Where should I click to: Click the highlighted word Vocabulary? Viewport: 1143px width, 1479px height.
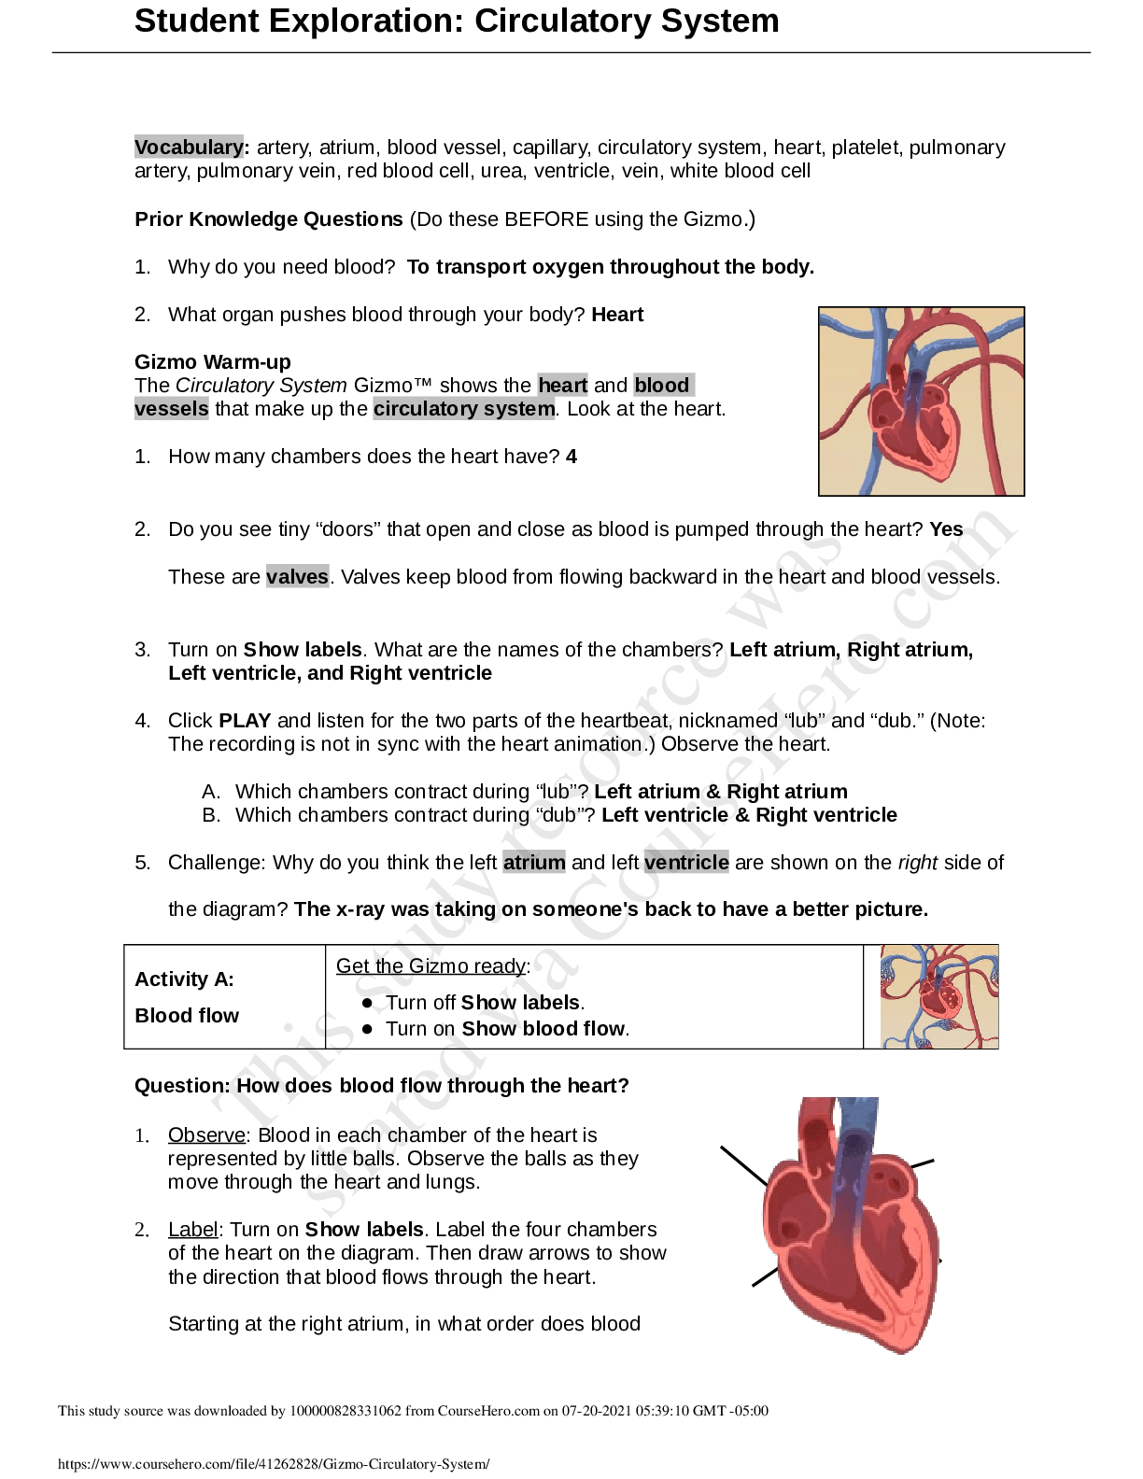click(189, 148)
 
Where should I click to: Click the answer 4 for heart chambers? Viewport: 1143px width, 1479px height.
click(571, 457)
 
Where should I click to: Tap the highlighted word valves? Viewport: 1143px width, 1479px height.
click(297, 577)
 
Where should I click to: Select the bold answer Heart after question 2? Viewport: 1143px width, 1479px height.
click(617, 315)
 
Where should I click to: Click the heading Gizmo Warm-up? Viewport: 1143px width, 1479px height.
click(212, 362)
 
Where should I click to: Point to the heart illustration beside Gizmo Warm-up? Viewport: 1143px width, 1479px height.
click(921, 401)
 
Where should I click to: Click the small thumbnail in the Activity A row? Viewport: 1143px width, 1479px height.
click(938, 996)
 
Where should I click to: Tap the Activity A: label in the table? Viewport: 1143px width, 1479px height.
click(184, 979)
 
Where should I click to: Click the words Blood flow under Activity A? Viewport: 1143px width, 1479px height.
click(187, 1016)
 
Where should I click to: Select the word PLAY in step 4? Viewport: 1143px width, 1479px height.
click(245, 721)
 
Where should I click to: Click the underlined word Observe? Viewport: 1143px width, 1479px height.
click(206, 1135)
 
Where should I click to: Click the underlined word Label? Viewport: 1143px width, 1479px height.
click(192, 1230)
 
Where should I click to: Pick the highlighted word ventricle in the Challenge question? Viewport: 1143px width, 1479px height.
click(686, 863)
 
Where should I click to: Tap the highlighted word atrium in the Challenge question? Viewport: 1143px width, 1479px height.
click(534, 863)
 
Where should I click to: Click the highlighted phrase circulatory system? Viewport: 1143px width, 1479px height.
click(464, 409)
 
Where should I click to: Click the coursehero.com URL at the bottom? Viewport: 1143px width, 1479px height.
click(274, 1464)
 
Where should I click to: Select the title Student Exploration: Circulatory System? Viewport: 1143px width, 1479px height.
click(457, 21)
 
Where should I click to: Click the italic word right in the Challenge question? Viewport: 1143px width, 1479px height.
click(917, 863)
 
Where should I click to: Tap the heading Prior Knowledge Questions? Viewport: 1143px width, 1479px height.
click(268, 219)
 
